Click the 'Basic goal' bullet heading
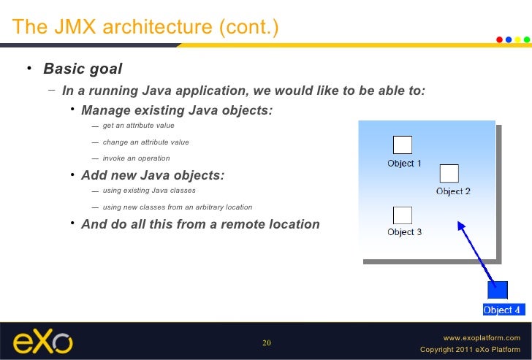(83, 69)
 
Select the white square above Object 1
(403, 145)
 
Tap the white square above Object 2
(449, 173)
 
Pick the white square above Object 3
(403, 215)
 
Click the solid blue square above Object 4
(498, 291)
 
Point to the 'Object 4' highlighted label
(502, 310)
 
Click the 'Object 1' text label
(405, 164)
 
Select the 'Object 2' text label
(453, 191)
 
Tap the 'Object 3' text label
(405, 232)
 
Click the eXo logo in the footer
(42, 341)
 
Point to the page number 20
(266, 342)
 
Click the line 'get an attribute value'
(138, 126)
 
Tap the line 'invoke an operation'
(136, 158)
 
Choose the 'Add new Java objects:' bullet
(153, 175)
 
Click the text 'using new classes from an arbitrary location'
(178, 207)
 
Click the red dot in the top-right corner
(500, 39)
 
